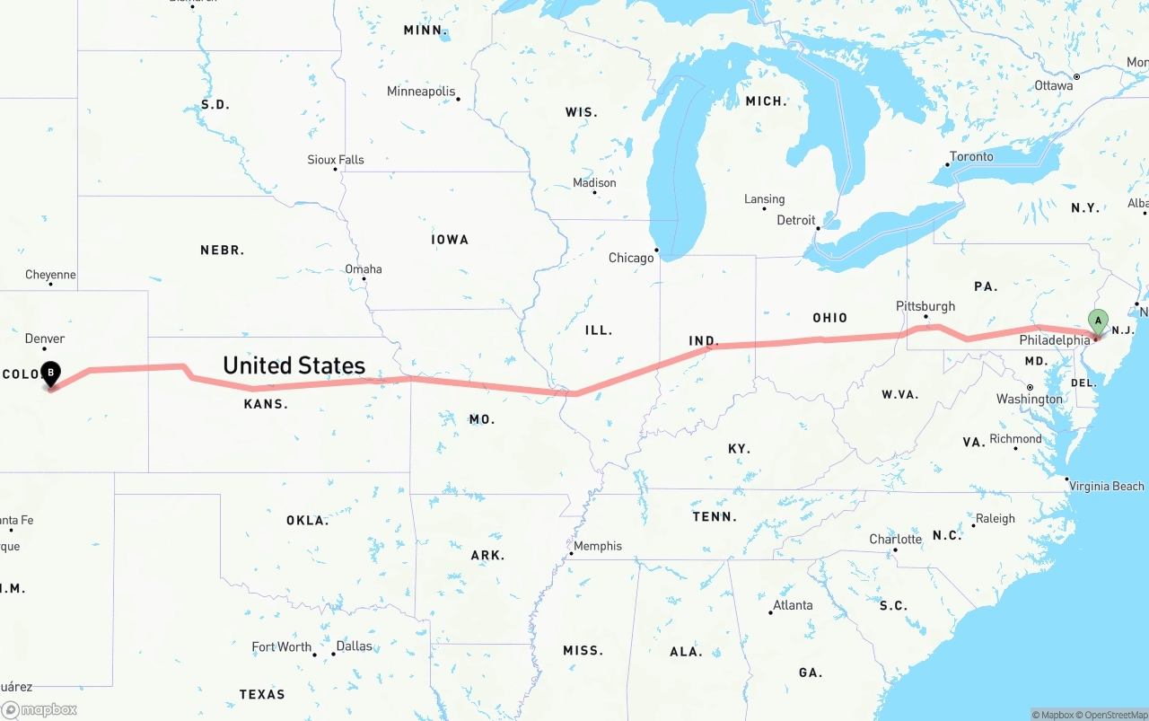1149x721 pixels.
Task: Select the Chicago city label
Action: coord(631,258)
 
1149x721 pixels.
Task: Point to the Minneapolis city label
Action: coord(420,92)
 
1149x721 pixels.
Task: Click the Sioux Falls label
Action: coord(336,160)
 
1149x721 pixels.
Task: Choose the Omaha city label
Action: coord(363,269)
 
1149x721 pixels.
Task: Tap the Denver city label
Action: coord(45,339)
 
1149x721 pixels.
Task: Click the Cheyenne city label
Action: coord(50,275)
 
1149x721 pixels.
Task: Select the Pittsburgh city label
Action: coord(925,306)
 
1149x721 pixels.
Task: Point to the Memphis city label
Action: coord(597,546)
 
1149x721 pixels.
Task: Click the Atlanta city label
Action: coord(793,605)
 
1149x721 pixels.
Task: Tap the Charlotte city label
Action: coord(895,540)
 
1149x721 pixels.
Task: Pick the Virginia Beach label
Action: coord(1106,486)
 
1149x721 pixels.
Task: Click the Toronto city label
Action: coord(971,156)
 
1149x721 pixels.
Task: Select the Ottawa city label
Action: coord(1053,85)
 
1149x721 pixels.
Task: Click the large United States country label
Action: coord(294,365)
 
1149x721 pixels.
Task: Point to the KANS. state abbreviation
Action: coord(266,404)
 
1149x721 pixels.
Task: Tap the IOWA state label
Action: coord(450,240)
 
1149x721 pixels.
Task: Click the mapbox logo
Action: coord(39,709)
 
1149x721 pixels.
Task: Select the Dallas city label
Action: coord(354,646)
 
